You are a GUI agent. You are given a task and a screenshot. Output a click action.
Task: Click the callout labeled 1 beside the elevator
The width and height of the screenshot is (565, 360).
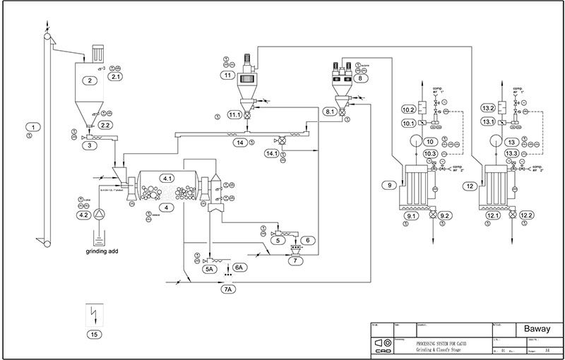coord(29,126)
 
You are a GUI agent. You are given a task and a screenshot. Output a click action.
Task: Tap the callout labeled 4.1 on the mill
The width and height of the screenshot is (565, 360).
coord(168,177)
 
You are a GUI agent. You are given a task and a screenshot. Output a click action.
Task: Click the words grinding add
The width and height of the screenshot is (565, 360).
coord(100,250)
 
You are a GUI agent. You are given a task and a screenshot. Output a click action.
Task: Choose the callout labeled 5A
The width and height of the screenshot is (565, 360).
coord(190,269)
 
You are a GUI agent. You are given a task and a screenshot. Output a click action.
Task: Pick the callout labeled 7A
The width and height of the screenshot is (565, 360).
coord(227,289)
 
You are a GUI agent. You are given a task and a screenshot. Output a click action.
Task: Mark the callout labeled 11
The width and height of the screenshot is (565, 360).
coord(226,74)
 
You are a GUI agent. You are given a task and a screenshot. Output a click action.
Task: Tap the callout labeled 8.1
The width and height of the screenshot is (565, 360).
coord(330,112)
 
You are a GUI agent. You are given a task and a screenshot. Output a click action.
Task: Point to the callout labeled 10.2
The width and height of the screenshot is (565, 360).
coord(408,109)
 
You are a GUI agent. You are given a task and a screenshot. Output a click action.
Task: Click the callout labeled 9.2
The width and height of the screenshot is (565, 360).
coord(445,215)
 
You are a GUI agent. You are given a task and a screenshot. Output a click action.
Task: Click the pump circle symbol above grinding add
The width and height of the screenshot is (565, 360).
coord(100,212)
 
